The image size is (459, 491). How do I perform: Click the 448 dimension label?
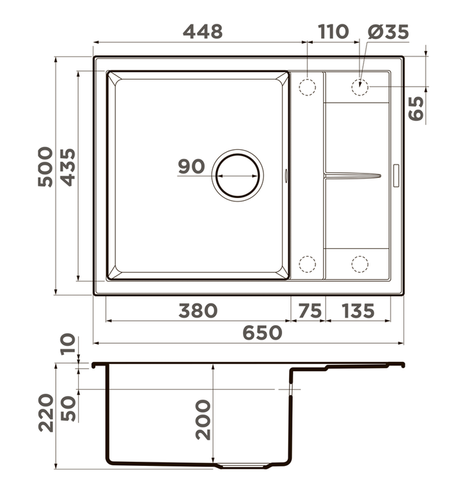click(203, 31)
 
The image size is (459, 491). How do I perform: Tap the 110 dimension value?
click(333, 31)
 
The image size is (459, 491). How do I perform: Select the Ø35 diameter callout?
click(388, 31)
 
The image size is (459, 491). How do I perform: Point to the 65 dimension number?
click(417, 108)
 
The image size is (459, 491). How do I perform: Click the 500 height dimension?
click(45, 167)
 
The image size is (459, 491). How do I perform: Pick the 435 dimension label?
click(68, 167)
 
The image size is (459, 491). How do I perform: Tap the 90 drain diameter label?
click(192, 166)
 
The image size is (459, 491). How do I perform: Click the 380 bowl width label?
click(198, 310)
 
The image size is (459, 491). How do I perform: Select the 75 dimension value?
click(310, 311)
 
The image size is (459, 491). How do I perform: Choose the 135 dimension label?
click(358, 311)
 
